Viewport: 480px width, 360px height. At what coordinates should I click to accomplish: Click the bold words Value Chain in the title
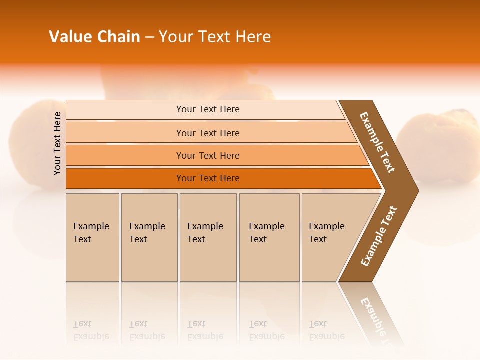[x=94, y=37]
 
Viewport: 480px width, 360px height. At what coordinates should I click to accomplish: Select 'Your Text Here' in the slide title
[x=215, y=37]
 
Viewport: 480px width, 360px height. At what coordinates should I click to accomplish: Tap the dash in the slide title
[x=149, y=37]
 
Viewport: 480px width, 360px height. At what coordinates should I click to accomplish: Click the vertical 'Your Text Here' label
[x=57, y=143]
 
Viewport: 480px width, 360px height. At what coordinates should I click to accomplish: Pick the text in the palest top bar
[x=208, y=109]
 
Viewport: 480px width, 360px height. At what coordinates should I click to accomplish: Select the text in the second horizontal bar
[x=208, y=133]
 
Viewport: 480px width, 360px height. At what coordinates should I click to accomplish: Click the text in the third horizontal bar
[x=208, y=156]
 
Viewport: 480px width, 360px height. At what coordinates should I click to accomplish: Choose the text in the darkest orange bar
[x=208, y=178]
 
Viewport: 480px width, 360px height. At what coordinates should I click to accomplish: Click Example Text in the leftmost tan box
[x=91, y=233]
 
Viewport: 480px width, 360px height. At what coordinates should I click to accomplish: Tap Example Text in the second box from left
[x=147, y=233]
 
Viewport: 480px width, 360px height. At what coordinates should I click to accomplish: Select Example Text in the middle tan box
[x=205, y=233]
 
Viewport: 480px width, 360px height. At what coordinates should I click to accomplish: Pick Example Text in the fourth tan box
[x=266, y=233]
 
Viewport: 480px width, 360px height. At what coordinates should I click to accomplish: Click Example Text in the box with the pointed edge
[x=326, y=233]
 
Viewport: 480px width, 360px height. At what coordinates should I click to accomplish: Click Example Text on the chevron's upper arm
[x=377, y=142]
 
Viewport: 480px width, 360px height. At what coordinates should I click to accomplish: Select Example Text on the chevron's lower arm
[x=379, y=236]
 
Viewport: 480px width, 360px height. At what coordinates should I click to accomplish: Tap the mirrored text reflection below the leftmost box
[x=91, y=331]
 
